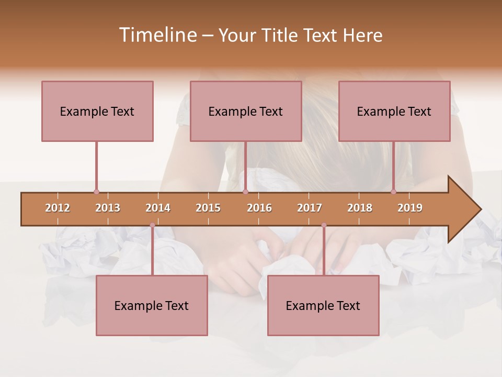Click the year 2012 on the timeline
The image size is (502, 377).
[58, 208]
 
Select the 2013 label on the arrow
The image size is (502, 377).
[108, 208]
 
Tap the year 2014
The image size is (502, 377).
[158, 208]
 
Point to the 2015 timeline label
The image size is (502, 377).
[208, 208]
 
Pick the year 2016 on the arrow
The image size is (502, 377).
[259, 208]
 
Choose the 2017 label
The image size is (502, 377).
[310, 208]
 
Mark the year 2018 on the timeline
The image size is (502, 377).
[360, 208]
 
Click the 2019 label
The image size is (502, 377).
[410, 208]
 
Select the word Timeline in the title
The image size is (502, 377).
[157, 35]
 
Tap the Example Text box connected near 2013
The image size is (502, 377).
[97, 111]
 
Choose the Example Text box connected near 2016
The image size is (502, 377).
[246, 111]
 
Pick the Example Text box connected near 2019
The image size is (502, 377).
[394, 111]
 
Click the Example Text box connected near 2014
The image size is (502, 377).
[152, 305]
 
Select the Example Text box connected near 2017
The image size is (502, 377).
[323, 305]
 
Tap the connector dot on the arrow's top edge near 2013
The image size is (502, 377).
[96, 192]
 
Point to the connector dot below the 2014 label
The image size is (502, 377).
[152, 225]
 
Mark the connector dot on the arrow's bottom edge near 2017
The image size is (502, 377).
[324, 225]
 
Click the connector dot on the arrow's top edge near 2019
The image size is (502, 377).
[394, 192]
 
